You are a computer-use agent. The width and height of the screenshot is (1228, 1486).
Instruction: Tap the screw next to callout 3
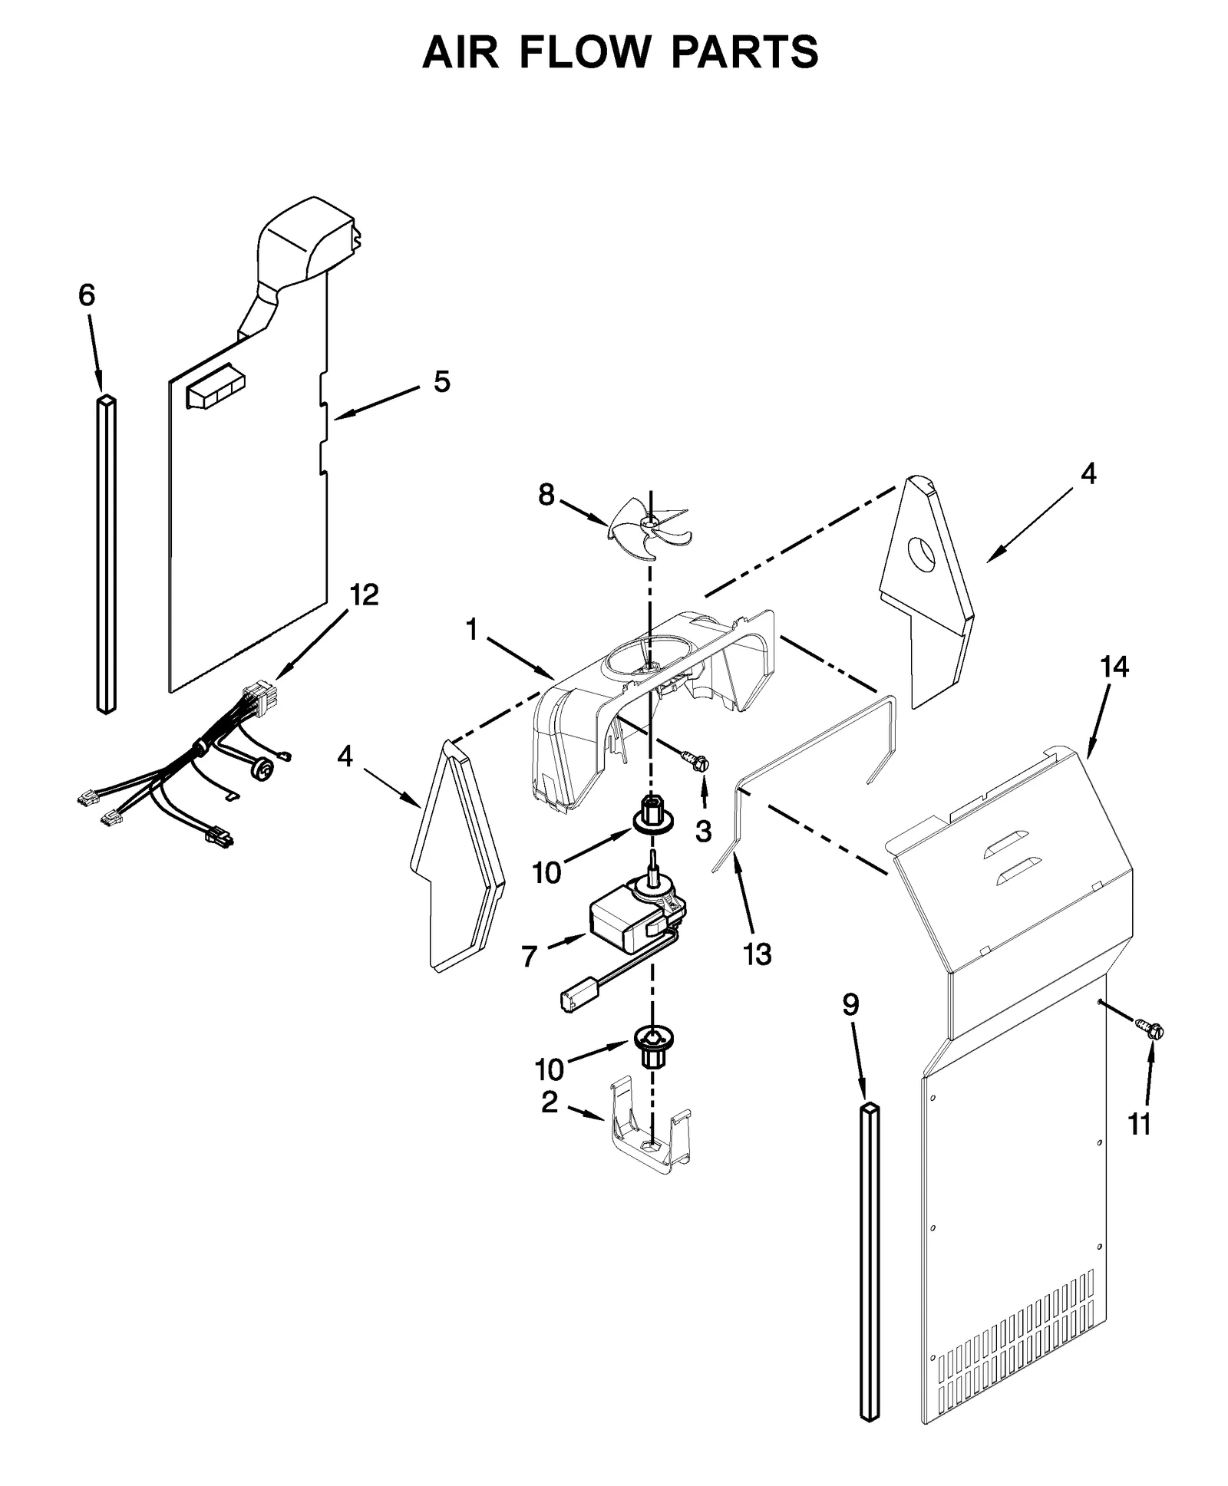point(697,761)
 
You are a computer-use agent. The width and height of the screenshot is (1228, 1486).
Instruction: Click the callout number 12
point(364,595)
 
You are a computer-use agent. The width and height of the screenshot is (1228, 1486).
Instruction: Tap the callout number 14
point(1114,667)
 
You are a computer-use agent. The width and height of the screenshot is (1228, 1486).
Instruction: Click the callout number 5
point(441,381)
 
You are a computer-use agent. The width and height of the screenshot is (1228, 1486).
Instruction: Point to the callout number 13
point(757,954)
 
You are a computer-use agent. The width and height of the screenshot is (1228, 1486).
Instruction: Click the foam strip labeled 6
point(107,552)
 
